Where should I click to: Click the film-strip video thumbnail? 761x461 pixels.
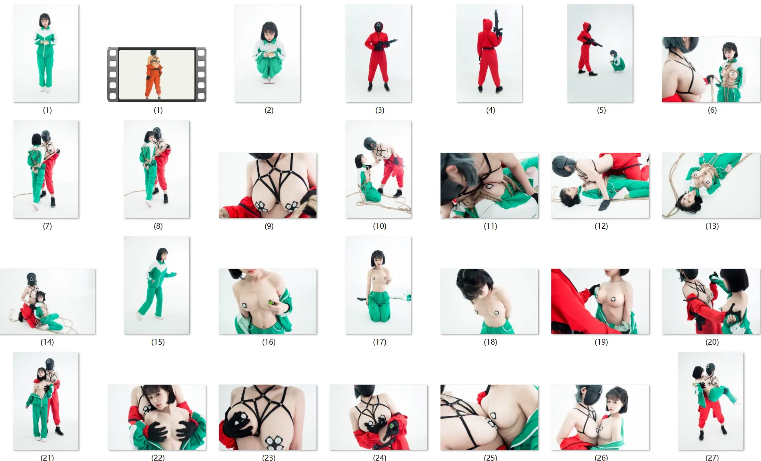pyautogui.click(x=157, y=74)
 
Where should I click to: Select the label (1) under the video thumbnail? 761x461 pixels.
pyautogui.click(x=158, y=110)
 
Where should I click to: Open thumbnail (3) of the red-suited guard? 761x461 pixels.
pyautogui.click(x=378, y=53)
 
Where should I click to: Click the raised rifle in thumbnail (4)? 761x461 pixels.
pyautogui.click(x=497, y=24)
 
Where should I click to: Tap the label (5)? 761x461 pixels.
pyautogui.click(x=601, y=110)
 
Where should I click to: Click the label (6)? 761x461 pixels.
pyautogui.click(x=712, y=110)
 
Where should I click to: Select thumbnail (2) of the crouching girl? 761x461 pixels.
pyautogui.click(x=268, y=53)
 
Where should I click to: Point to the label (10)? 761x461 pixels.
pyautogui.click(x=380, y=226)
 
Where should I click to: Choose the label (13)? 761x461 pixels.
pyautogui.click(x=712, y=226)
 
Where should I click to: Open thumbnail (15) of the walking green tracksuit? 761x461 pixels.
pyautogui.click(x=157, y=285)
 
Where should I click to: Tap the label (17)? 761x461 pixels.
pyautogui.click(x=380, y=342)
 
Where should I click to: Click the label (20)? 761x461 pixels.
pyautogui.click(x=712, y=342)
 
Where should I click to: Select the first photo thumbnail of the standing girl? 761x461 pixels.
pyautogui.click(x=46, y=53)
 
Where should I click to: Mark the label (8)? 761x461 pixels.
pyautogui.click(x=158, y=226)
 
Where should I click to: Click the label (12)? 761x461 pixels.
pyautogui.click(x=601, y=226)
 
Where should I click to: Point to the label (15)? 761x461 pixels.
pyautogui.click(x=158, y=342)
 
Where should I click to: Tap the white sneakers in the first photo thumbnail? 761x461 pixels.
pyautogui.click(x=45, y=90)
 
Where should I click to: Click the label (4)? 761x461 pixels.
pyautogui.click(x=491, y=110)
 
